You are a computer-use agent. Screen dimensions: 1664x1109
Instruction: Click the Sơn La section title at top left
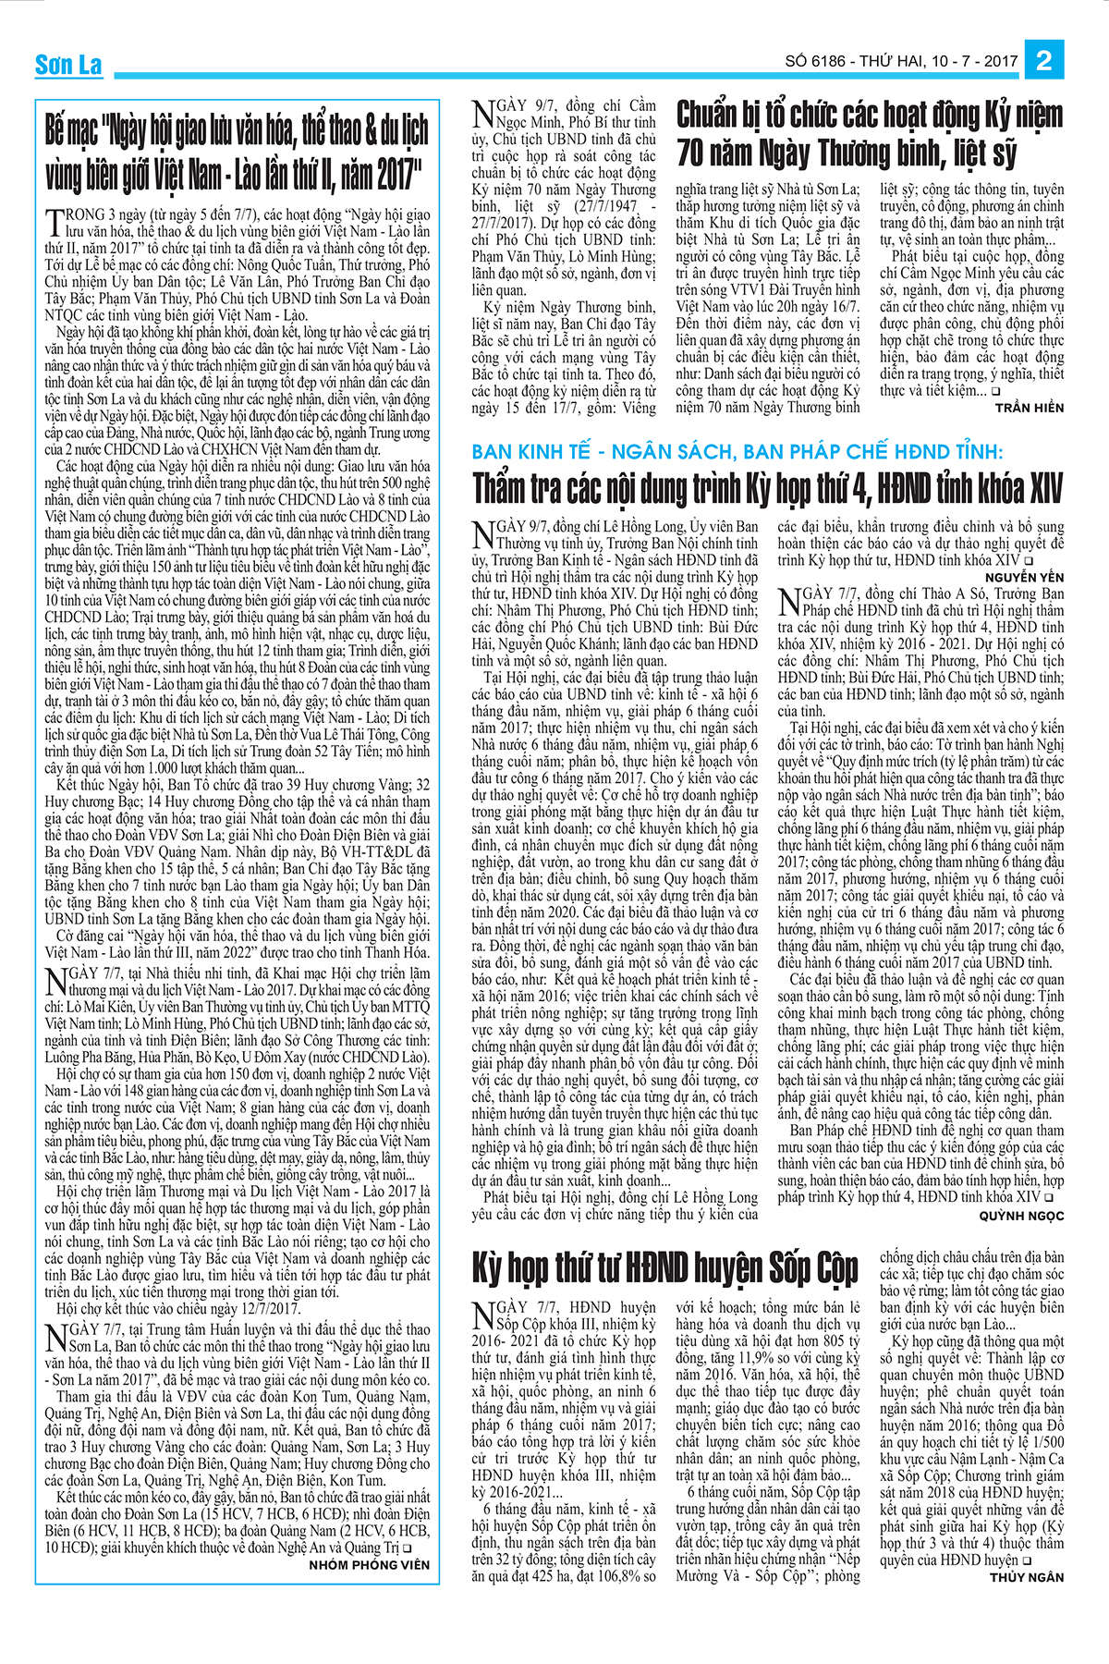(x=68, y=64)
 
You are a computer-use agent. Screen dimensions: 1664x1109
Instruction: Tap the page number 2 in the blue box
(x=1044, y=61)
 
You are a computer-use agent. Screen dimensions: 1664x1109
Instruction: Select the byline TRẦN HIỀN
(x=1030, y=408)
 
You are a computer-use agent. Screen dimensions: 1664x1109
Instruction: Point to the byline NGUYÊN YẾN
(x=1024, y=577)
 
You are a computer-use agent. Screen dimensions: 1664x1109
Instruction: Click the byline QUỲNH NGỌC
(x=1021, y=1216)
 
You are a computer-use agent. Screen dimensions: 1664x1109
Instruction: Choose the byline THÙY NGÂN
(x=1027, y=1577)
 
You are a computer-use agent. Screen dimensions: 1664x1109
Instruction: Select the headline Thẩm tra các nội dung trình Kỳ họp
(x=767, y=488)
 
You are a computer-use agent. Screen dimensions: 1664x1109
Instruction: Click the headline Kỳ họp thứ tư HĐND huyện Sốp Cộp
(x=665, y=1267)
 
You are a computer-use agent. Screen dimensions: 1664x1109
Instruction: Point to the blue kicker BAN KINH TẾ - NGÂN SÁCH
(x=737, y=452)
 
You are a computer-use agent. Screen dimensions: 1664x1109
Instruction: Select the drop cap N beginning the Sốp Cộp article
(x=482, y=1316)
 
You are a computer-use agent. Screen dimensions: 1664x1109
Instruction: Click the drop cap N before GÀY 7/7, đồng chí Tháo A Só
(x=789, y=602)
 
